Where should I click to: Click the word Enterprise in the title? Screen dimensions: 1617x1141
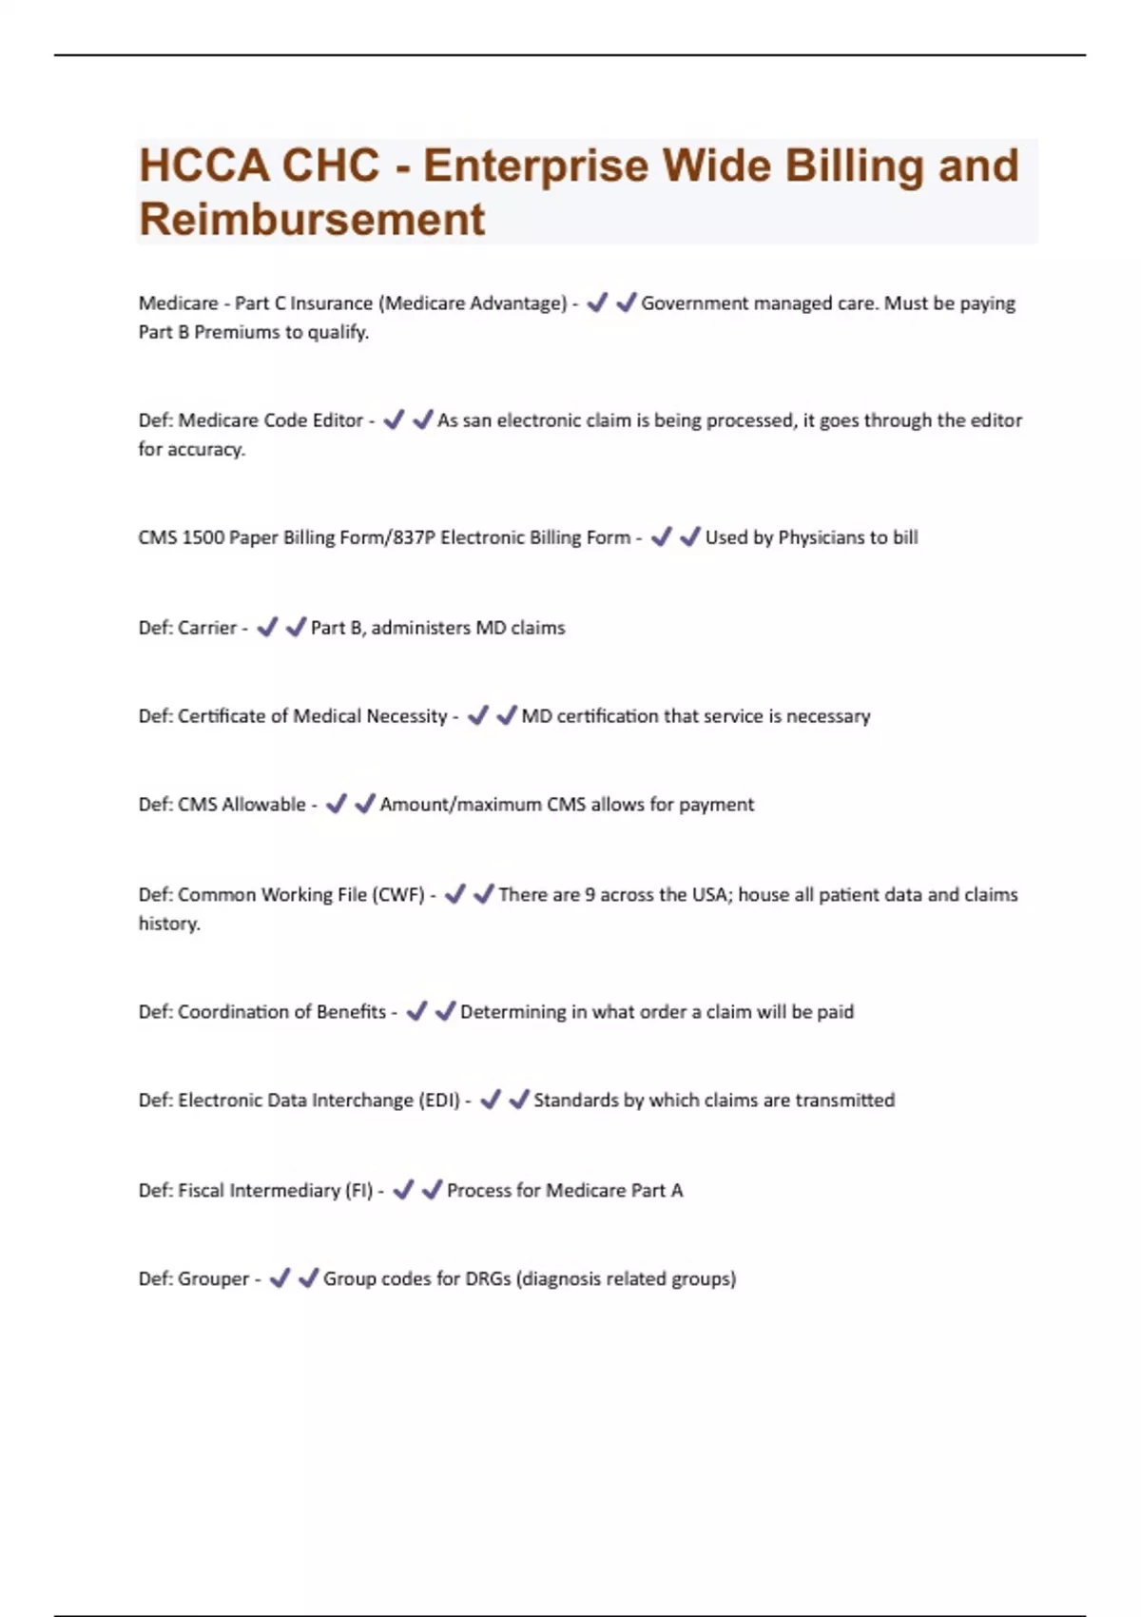point(536,167)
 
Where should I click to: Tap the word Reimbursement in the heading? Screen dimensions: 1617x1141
point(312,221)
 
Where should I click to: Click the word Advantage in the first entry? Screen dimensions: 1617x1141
point(518,303)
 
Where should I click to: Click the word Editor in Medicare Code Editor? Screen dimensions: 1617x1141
point(338,420)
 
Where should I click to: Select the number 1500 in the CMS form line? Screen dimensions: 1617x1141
point(203,537)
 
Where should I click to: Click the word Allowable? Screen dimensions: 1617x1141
point(263,805)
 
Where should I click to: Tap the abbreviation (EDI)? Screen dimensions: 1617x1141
point(439,1101)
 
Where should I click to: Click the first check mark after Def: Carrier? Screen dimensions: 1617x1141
point(267,627)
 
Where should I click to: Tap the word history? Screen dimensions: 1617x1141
point(169,924)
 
